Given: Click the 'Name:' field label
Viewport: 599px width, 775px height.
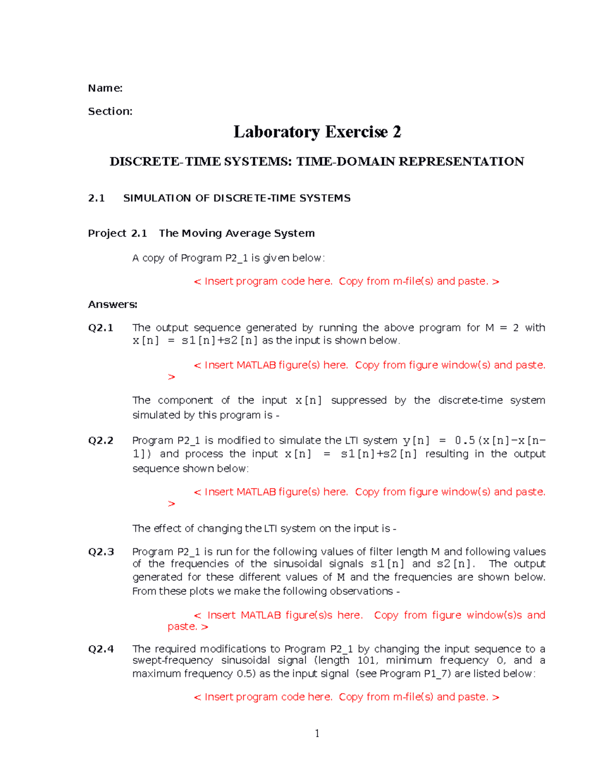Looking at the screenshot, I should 105,88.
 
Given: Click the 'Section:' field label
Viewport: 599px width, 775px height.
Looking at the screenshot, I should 110,111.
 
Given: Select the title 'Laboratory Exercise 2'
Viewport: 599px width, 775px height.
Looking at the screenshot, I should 317,132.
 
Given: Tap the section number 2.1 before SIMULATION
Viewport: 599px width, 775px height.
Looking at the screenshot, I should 96,198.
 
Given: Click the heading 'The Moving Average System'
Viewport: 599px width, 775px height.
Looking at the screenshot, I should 237,233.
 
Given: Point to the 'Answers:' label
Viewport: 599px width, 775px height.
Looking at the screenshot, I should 112,304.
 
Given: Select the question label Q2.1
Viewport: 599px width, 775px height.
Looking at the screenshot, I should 100,328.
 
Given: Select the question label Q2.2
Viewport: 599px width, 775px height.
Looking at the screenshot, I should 100,441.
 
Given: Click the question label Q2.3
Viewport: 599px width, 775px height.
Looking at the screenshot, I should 101,552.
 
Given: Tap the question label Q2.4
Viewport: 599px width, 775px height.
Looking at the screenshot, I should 101,649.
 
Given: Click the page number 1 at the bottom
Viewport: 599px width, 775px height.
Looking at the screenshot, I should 317,733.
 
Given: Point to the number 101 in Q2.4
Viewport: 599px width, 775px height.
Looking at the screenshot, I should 367,661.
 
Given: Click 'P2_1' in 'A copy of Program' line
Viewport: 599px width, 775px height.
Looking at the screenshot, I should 237,258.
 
